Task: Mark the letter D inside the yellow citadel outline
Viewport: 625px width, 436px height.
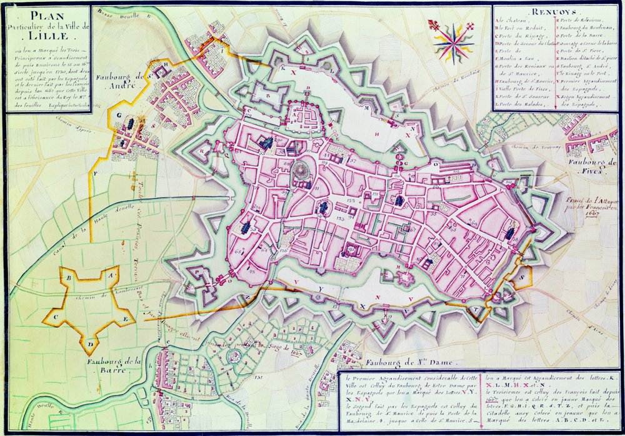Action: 91,344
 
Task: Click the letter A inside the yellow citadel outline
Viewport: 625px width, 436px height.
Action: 110,275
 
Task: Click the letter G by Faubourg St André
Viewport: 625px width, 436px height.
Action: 117,115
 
